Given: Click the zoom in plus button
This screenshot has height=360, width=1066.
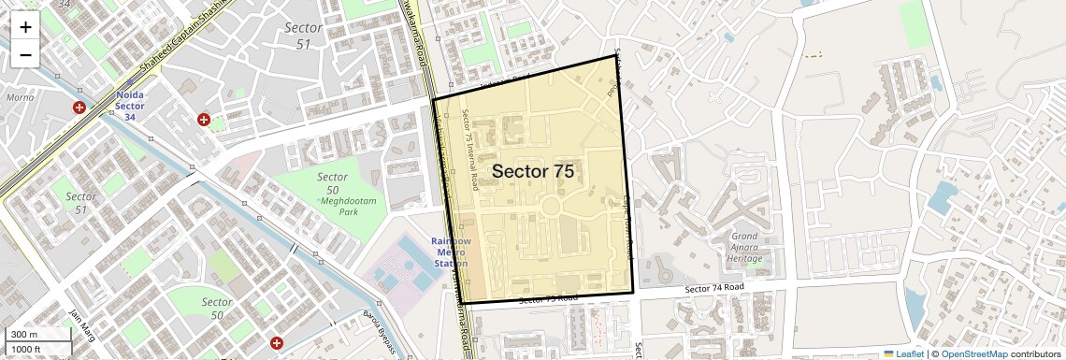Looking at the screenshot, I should (25, 26).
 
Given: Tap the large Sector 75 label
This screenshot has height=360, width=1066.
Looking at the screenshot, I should (532, 171).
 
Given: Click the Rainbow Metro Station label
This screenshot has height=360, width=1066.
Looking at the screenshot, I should (450, 252).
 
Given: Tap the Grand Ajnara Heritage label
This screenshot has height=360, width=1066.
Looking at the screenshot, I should (744, 247).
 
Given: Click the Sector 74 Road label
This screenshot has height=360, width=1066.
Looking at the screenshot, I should (714, 288).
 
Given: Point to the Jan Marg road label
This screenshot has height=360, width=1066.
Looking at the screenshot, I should (83, 326).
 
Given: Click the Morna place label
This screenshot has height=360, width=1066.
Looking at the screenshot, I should (20, 96).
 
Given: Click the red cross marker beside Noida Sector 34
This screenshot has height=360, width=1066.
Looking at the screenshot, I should (79, 108).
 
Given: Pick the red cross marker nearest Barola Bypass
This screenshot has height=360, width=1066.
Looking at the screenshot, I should (276, 344).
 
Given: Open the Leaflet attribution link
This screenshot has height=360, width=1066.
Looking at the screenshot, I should (903, 354).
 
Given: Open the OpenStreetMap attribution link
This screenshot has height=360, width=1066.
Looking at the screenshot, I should (973, 354).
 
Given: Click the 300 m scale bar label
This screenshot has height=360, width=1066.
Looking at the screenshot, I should (25, 335).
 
